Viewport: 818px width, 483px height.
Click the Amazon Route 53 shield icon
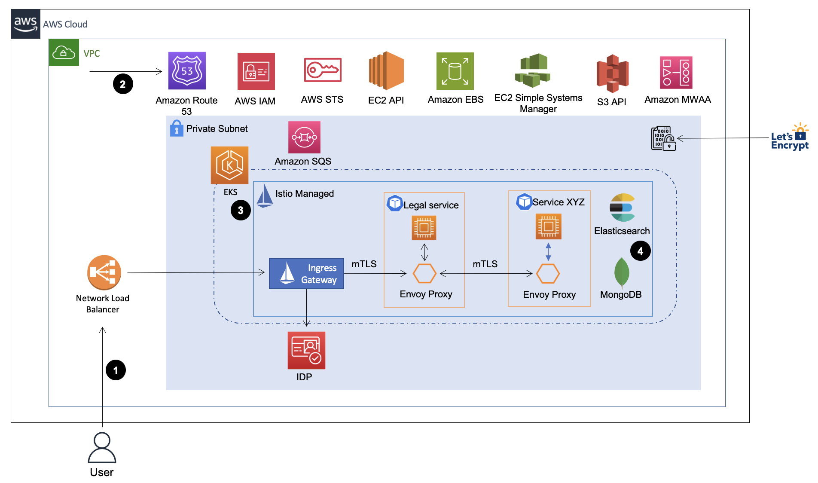(x=187, y=71)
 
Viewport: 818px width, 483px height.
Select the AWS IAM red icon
(x=256, y=71)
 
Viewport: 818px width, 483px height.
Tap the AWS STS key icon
(x=323, y=70)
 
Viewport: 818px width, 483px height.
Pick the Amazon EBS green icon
(x=455, y=71)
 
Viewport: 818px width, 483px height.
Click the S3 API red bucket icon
(x=612, y=73)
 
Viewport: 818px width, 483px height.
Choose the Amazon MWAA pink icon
(x=676, y=73)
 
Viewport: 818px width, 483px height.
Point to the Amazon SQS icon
(x=304, y=138)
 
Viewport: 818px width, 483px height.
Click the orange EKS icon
(x=229, y=165)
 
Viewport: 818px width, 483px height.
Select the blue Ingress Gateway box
(x=306, y=274)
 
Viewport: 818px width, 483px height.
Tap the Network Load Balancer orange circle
(x=104, y=272)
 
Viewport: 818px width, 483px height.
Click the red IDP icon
(x=306, y=350)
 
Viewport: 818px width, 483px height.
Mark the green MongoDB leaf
(x=622, y=272)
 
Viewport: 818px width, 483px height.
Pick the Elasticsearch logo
(x=622, y=208)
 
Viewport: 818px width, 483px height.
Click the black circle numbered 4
(x=640, y=251)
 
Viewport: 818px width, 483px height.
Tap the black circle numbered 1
(x=116, y=370)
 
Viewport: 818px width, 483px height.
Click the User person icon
(x=102, y=447)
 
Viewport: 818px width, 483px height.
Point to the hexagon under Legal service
(x=424, y=274)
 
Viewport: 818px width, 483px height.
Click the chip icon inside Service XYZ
(x=548, y=226)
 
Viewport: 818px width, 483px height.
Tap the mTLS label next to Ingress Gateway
(x=364, y=264)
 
